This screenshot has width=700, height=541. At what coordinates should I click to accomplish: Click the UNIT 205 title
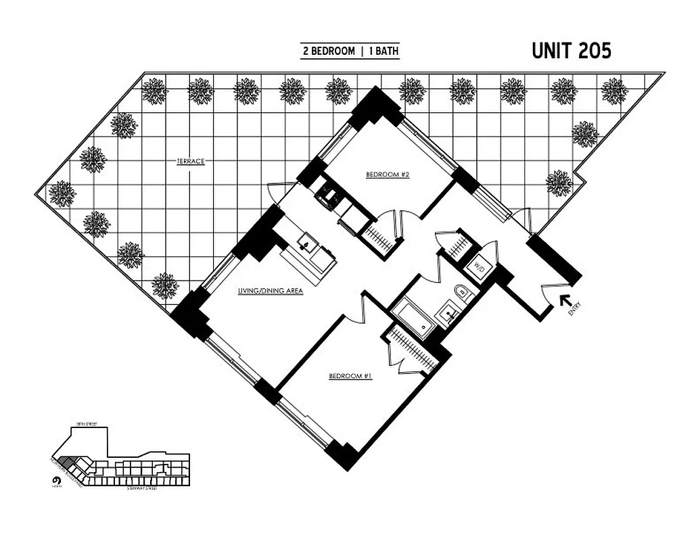[x=571, y=51]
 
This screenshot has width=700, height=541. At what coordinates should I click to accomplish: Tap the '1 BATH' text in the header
[x=383, y=51]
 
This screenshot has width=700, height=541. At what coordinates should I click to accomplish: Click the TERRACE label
[x=191, y=162]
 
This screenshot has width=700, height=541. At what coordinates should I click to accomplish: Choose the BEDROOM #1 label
[x=350, y=376]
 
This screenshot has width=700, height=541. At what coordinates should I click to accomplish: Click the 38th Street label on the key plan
[x=87, y=424]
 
